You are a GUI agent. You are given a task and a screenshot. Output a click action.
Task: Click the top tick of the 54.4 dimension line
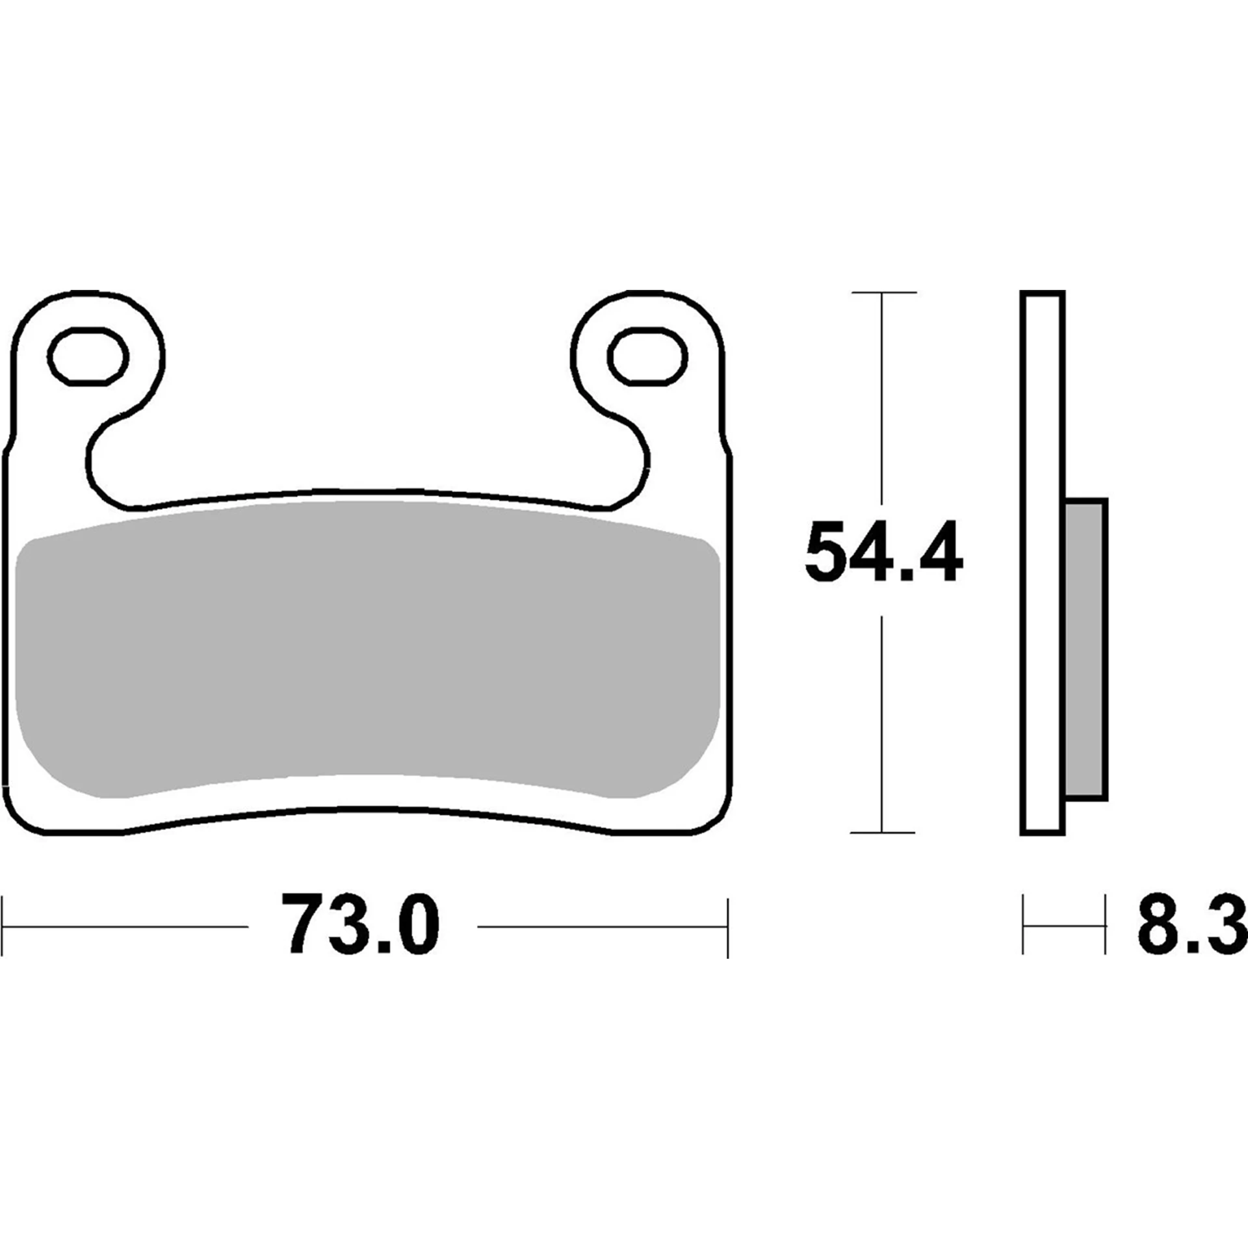[x=882, y=293]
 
